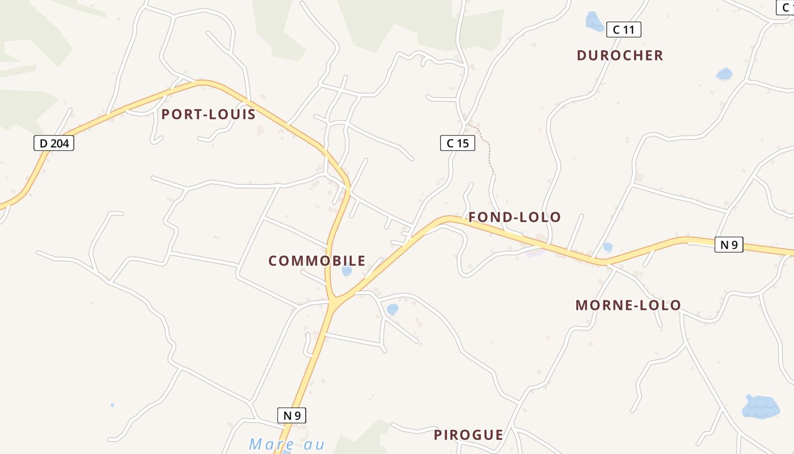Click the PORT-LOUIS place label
[x=208, y=115]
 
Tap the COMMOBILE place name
[x=316, y=261]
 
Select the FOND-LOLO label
[x=514, y=217]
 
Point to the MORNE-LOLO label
[x=628, y=305]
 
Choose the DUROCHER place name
[x=619, y=56]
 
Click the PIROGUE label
[x=468, y=435]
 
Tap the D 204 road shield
[x=54, y=144]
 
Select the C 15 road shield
[x=457, y=143]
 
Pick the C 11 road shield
[x=623, y=30]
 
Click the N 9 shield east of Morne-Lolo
[x=728, y=245]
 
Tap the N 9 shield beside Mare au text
[x=292, y=415]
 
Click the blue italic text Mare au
[x=286, y=444]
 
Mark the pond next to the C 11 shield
[x=594, y=22]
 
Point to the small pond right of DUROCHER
[x=724, y=74]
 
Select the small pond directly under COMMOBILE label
[x=347, y=271]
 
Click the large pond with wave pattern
[x=761, y=406]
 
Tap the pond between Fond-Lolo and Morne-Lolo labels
[x=607, y=247]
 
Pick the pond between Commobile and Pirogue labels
[x=392, y=309]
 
